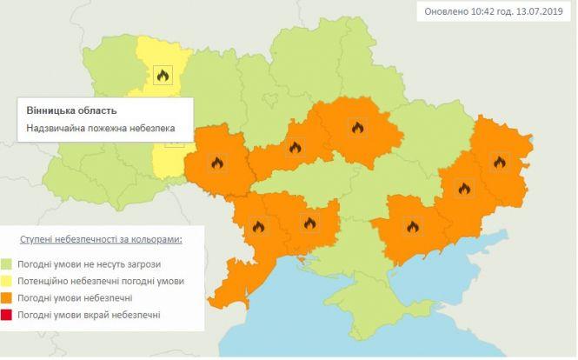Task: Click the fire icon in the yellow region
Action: [x=162, y=76]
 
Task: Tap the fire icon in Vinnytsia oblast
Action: [x=217, y=163]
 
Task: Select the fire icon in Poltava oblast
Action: [x=356, y=129]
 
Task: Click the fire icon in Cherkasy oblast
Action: [x=295, y=148]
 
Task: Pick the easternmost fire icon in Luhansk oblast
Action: [x=499, y=161]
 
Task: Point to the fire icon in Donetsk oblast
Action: [x=464, y=188]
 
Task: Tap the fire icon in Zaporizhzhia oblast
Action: [x=413, y=228]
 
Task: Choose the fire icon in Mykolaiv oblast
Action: [x=309, y=223]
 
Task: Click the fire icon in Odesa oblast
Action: [x=257, y=228]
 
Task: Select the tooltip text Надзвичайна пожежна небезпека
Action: [x=101, y=129]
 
